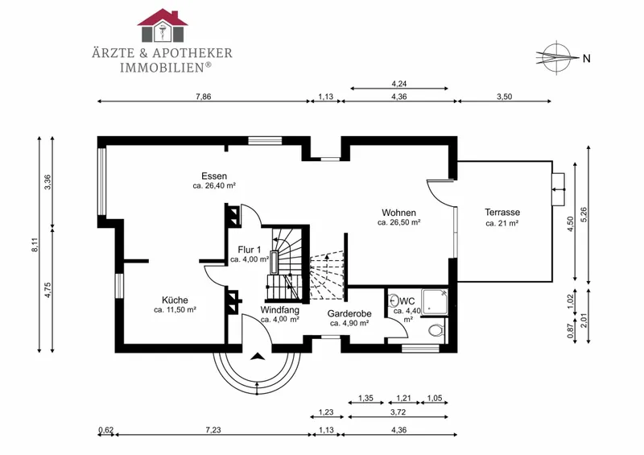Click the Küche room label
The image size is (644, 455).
[175, 300]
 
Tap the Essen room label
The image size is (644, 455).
[214, 176]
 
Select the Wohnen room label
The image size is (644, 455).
[398, 213]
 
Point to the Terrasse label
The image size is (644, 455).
[502, 212]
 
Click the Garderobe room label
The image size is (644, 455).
[349, 313]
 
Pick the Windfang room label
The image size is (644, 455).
[279, 309]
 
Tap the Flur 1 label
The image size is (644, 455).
[250, 250]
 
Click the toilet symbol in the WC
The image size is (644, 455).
[436, 329]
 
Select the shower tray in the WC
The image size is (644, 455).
[435, 302]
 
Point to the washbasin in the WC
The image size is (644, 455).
[393, 300]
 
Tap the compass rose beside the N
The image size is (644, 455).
[555, 57]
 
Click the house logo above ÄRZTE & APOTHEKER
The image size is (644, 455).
[163, 25]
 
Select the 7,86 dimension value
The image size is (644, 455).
[204, 97]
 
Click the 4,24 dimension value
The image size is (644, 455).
[399, 84]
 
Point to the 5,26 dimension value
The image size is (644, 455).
[584, 214]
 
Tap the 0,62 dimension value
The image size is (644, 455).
[106, 430]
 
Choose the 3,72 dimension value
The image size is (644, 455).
[398, 412]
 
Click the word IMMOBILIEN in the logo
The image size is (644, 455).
[163, 68]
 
